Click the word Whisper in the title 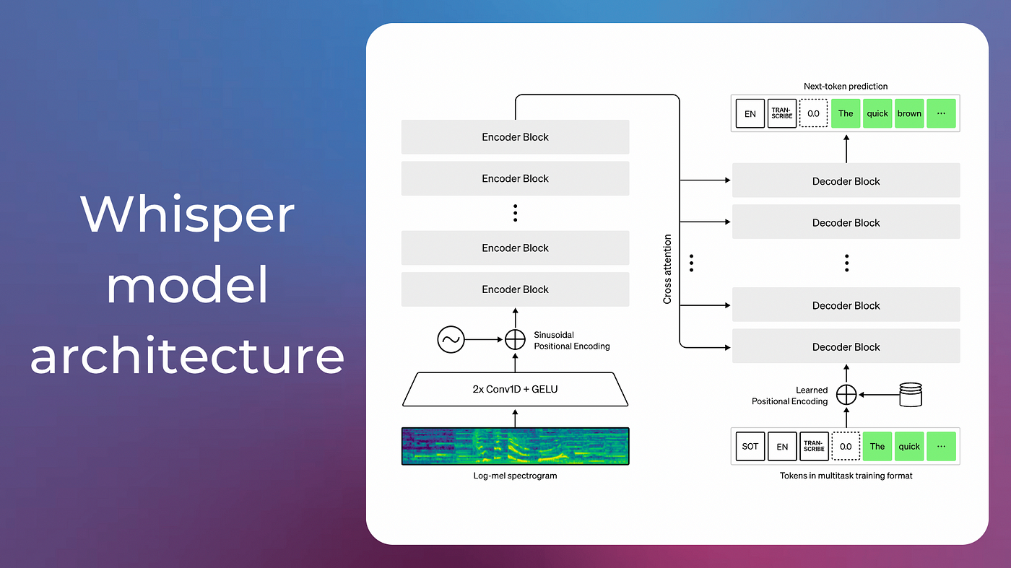point(187,214)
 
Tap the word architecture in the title point(187,356)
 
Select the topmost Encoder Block point(515,137)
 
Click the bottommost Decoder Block point(846,346)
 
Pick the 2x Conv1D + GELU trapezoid point(515,389)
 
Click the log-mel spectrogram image point(515,446)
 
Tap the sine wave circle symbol point(451,338)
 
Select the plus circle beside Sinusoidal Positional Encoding point(515,338)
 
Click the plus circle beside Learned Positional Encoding point(846,395)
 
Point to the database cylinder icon point(912,395)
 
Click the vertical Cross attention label point(667,268)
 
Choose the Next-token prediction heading point(846,86)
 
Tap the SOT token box point(750,446)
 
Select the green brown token point(909,113)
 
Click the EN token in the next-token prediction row point(750,113)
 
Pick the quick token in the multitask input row point(909,446)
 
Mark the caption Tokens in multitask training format point(846,476)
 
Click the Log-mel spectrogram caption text point(515,476)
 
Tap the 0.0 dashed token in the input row point(846,446)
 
